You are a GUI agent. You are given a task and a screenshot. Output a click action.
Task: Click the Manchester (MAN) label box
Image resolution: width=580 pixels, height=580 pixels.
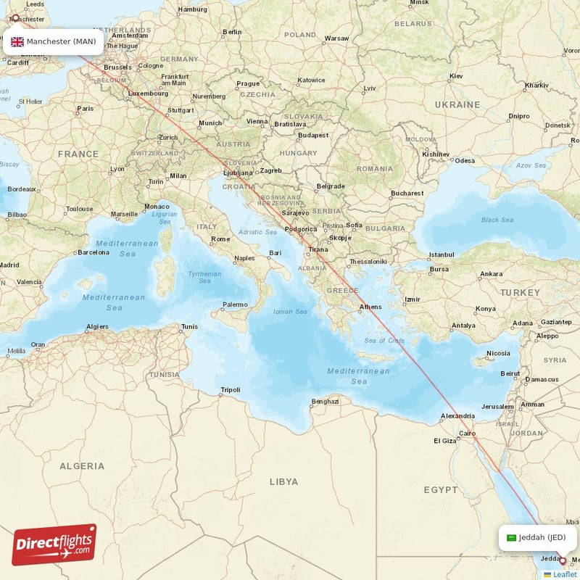pos(53,41)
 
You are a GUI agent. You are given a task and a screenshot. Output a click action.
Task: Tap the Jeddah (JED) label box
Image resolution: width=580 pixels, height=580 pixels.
pos(537,537)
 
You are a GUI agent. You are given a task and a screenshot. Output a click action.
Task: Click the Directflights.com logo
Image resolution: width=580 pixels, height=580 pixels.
pos(54,544)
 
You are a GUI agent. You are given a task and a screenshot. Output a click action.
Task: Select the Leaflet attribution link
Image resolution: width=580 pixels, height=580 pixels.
pos(564,574)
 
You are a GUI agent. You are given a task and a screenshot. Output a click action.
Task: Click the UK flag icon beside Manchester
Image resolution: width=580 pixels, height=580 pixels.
pos(17,41)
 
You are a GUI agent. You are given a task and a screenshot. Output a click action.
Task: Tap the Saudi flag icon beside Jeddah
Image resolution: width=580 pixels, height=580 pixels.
pos(511,537)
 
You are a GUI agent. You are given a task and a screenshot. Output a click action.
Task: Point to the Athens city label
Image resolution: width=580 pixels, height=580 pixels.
pos(370,307)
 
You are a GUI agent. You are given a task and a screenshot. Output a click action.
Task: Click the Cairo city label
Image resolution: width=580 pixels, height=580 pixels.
pos(466,434)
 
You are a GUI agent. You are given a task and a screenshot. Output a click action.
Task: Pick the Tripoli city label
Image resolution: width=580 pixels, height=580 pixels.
pos(230,390)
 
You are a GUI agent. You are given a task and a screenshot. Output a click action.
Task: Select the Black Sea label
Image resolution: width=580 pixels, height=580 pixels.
pos(497,220)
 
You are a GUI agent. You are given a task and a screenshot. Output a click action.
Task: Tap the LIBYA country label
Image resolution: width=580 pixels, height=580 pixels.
pos(283,481)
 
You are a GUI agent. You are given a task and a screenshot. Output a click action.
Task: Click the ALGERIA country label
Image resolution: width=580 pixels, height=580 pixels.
pos(82,466)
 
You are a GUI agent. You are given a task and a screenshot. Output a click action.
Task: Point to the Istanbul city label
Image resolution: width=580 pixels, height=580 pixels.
pos(441,255)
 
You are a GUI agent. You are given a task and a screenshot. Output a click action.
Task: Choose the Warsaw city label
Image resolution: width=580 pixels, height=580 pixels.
pos(337,38)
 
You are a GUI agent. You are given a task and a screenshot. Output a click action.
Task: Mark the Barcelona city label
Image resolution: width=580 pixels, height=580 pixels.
pos(94,252)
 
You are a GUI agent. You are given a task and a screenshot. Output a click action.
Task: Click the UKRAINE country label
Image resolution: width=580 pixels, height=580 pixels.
pos(457,104)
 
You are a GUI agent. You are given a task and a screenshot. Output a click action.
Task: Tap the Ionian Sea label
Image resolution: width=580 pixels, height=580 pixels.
pos(290,311)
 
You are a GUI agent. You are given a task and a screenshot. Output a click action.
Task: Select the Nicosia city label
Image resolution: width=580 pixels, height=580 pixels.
pos(498,354)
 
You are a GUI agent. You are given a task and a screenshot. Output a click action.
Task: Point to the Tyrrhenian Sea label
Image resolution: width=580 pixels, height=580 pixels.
pos(205,278)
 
